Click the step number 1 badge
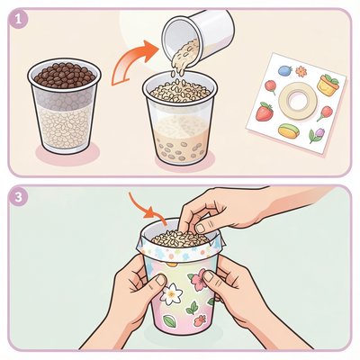pos(19,20)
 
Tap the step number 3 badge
pos(19,198)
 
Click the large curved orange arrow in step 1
pos(134,61)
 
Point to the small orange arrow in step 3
pos(148,211)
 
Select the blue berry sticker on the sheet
pos(284,70)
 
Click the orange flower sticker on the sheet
pos(301,72)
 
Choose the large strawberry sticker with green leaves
pos(265,111)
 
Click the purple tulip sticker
pos(316,135)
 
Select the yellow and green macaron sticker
pos(289,130)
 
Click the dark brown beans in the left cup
pos(64,74)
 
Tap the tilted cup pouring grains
pos(197,33)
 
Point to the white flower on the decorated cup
pos(171,292)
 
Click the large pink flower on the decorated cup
pos(197,281)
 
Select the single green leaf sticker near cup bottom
pos(169,319)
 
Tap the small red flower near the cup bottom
pos(200,320)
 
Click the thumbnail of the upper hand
pos(201,228)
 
